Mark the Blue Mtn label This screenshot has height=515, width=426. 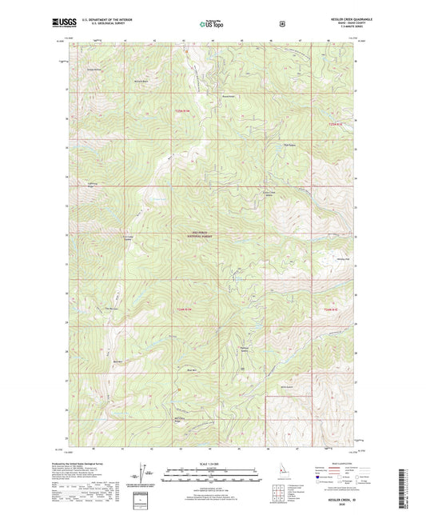[191, 370]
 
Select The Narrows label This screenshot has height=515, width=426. [112, 309]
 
